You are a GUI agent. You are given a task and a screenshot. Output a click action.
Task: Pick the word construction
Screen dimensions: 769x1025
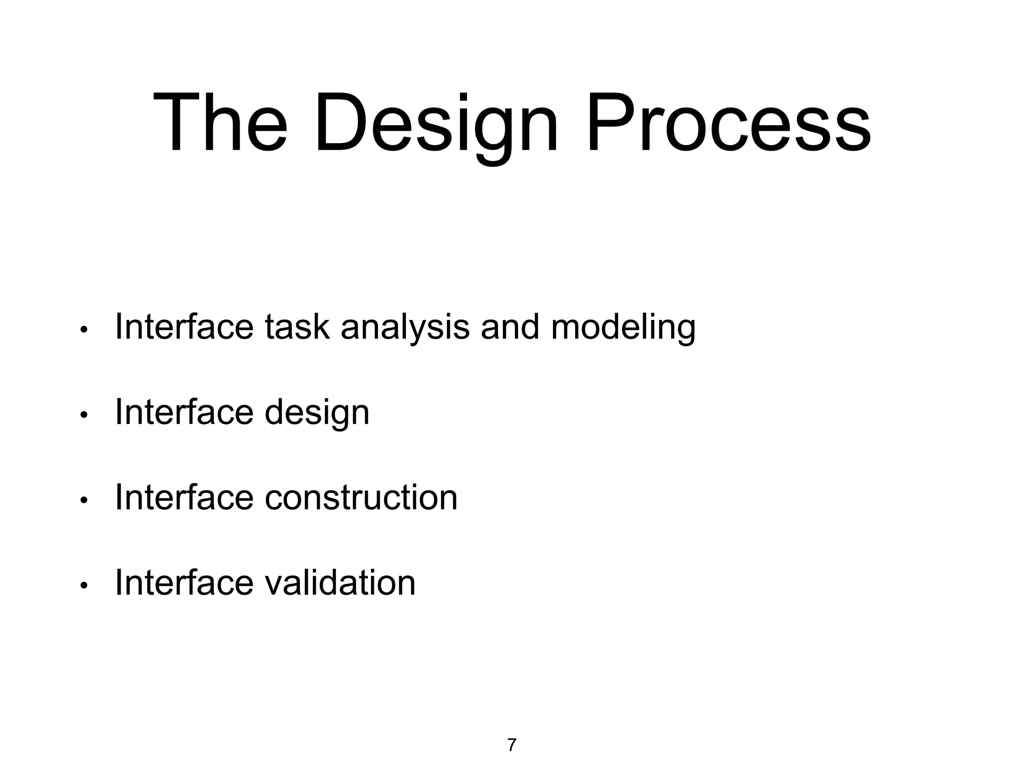(361, 498)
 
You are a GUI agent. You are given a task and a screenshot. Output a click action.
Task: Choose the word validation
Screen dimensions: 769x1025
(340, 583)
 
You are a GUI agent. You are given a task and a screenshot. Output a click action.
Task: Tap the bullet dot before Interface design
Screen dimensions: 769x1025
(84, 415)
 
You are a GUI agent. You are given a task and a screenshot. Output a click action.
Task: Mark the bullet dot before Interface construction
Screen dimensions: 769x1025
(84, 500)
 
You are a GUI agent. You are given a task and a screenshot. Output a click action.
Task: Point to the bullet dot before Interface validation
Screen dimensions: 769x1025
(84, 585)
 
